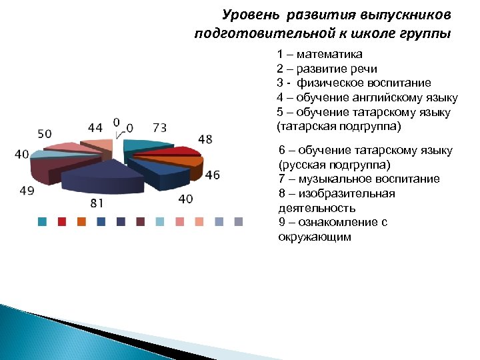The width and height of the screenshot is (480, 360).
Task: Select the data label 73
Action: tap(160, 127)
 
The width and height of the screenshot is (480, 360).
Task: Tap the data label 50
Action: tap(44, 134)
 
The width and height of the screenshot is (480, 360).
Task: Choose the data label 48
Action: tap(205, 140)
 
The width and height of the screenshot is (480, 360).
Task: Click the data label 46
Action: tap(211, 175)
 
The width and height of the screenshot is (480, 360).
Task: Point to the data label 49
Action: tap(27, 191)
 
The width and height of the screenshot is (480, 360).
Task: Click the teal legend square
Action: tap(42, 222)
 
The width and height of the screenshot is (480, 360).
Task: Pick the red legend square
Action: tap(62, 222)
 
